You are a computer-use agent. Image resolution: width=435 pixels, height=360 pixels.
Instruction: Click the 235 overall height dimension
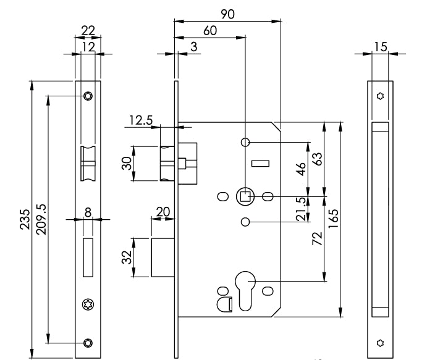[x=25, y=220]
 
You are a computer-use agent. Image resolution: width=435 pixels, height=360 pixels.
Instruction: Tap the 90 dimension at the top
[x=227, y=14]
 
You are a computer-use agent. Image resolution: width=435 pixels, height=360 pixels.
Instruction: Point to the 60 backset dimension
[x=209, y=31]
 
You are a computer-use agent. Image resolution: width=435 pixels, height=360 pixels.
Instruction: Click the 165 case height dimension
[x=333, y=220]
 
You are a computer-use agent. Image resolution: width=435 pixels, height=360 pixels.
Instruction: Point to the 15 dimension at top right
[x=380, y=46]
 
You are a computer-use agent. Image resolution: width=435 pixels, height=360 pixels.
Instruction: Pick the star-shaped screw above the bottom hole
[x=87, y=304]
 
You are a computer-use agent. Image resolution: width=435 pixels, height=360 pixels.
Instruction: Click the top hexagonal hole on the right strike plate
[x=380, y=96]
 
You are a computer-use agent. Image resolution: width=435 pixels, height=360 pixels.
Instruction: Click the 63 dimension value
[x=317, y=159]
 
